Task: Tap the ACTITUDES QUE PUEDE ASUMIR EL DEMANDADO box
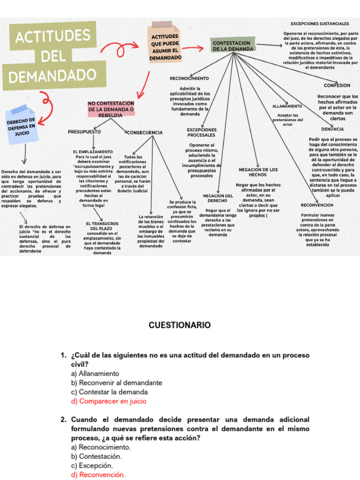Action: coord(165,47)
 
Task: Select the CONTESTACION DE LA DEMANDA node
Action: coord(233,45)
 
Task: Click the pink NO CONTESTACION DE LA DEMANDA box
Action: coord(111,109)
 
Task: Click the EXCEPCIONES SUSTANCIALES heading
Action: coord(320,23)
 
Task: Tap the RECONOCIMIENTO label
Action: coord(189,78)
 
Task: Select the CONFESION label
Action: coord(337,85)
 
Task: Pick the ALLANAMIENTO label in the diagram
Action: coord(287,106)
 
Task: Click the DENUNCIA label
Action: coord(332,128)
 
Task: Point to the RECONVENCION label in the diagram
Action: coord(317,205)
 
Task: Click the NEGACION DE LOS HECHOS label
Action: coord(258,172)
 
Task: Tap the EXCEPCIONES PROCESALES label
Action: coord(202,132)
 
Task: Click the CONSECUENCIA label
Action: coord(145,133)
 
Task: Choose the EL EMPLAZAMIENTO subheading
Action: coord(93,152)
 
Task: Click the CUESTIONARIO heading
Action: coord(180,325)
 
